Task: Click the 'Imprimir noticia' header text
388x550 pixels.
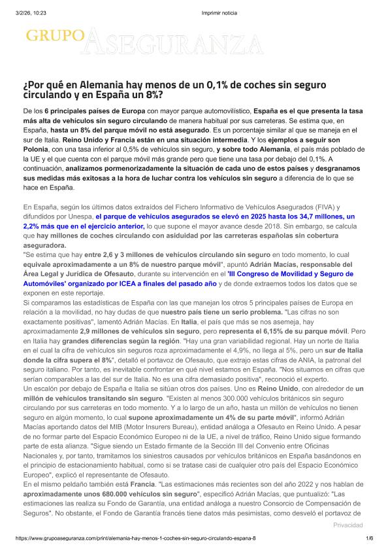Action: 219,13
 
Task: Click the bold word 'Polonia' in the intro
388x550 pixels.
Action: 38,150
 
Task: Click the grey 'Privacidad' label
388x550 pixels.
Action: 348,525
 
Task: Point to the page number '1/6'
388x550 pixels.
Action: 369,538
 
